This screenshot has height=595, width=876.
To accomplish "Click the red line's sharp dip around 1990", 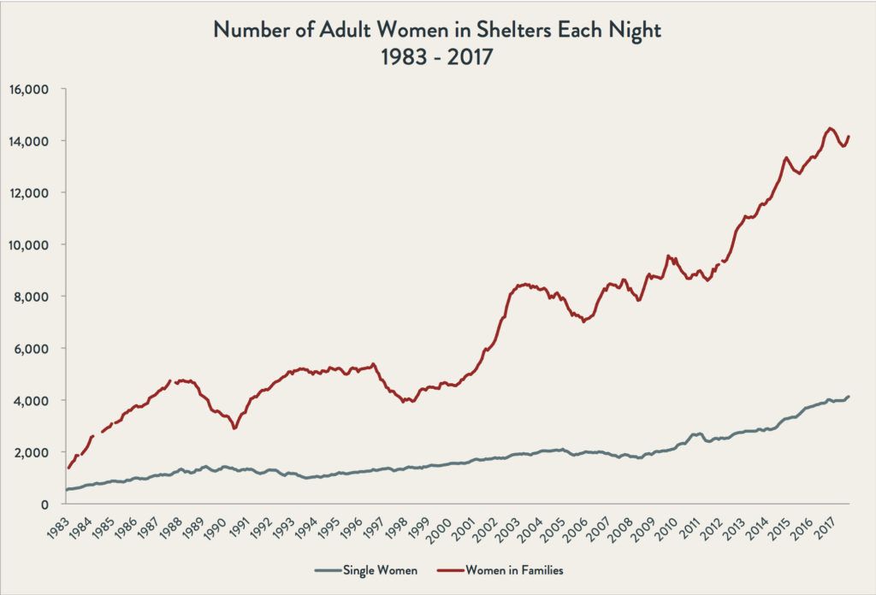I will click(234, 428).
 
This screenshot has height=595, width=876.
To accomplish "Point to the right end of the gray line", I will click(849, 397).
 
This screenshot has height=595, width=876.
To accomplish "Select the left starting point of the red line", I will click(68, 468).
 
